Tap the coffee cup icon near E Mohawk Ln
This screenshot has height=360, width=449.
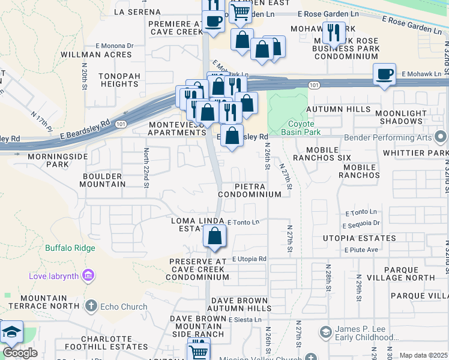click(384, 74)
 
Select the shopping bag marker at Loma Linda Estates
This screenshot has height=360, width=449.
click(215, 237)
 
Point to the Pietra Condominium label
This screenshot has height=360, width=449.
click(249, 191)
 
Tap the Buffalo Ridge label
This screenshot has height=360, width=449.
click(70, 247)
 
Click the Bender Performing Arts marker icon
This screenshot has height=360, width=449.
click(441, 137)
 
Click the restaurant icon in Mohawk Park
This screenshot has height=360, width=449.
click(333, 32)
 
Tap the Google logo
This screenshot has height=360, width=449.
click(19, 353)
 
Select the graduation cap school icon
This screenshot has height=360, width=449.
click(11, 332)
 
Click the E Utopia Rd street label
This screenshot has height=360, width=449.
click(249, 258)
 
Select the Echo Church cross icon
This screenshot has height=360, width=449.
click(91, 306)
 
